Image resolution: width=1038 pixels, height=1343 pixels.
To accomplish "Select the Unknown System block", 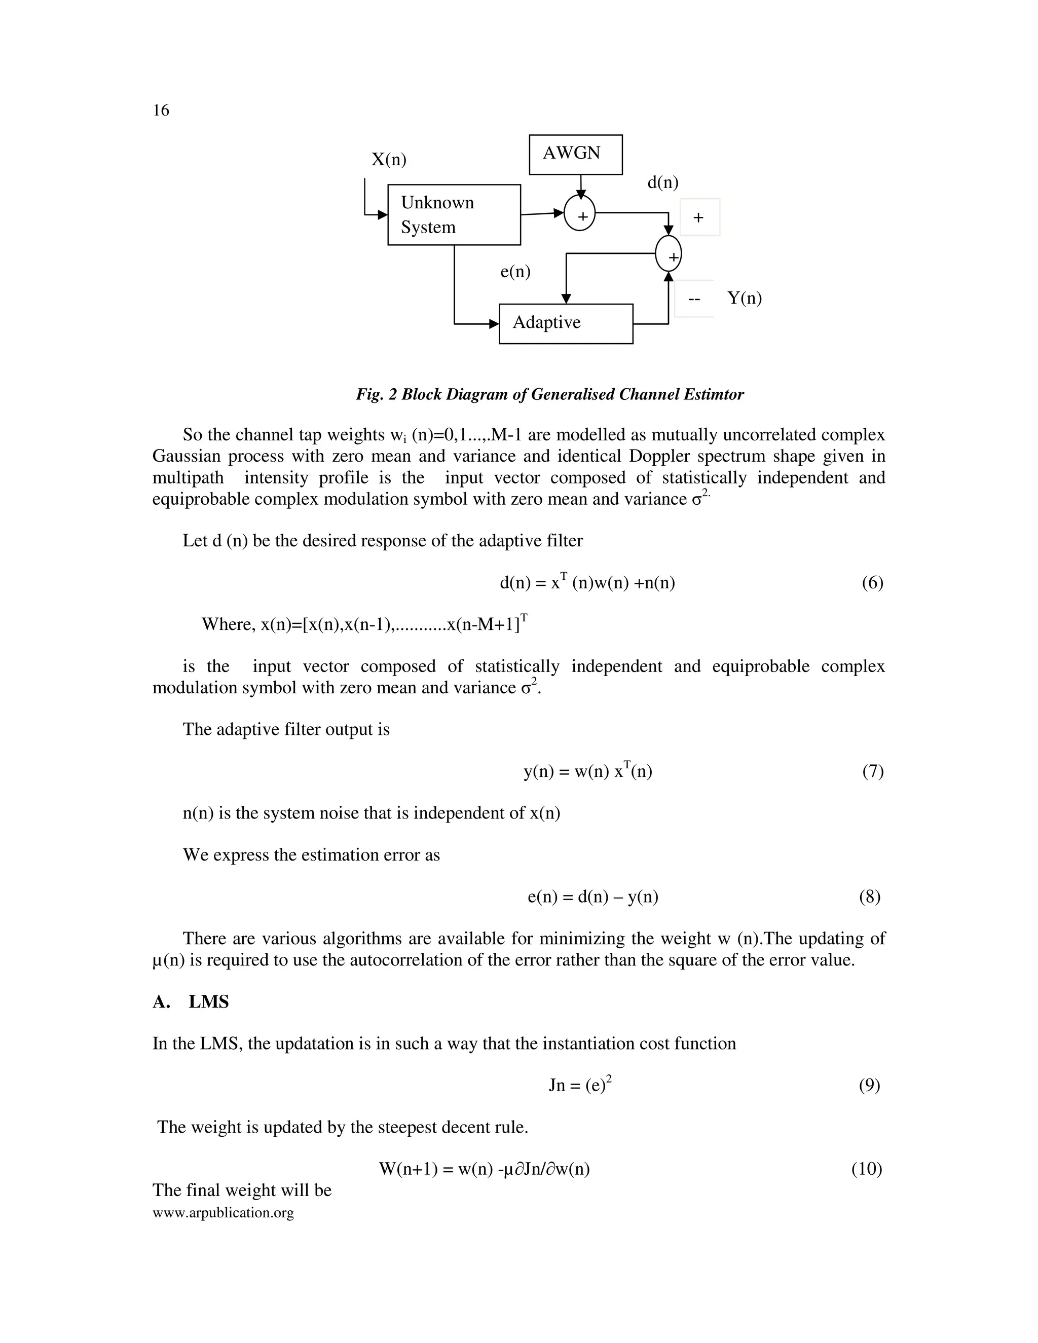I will [454, 214].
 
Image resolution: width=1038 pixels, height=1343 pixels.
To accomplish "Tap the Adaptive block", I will [565, 323].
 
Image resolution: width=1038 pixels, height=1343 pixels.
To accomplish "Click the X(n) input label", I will [389, 159].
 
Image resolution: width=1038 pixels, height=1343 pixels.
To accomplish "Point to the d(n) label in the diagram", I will [662, 182].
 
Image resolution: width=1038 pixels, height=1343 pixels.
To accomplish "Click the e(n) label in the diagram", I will [515, 271].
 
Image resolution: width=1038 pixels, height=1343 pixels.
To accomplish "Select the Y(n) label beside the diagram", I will [744, 298].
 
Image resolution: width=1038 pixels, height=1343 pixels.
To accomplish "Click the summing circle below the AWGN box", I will [579, 213].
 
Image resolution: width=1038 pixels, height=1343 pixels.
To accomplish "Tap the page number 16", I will [161, 110].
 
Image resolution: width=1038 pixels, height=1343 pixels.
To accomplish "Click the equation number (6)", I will [872, 583].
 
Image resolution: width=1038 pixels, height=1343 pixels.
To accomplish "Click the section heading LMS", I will [208, 1002].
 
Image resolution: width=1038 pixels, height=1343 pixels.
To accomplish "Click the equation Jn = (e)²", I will [579, 1086].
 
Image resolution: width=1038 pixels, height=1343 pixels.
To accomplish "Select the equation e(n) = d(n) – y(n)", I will [593, 897].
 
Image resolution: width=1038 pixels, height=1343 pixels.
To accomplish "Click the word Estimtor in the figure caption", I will [713, 394].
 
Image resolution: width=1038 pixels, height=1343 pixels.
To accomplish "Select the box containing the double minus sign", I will [694, 299].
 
